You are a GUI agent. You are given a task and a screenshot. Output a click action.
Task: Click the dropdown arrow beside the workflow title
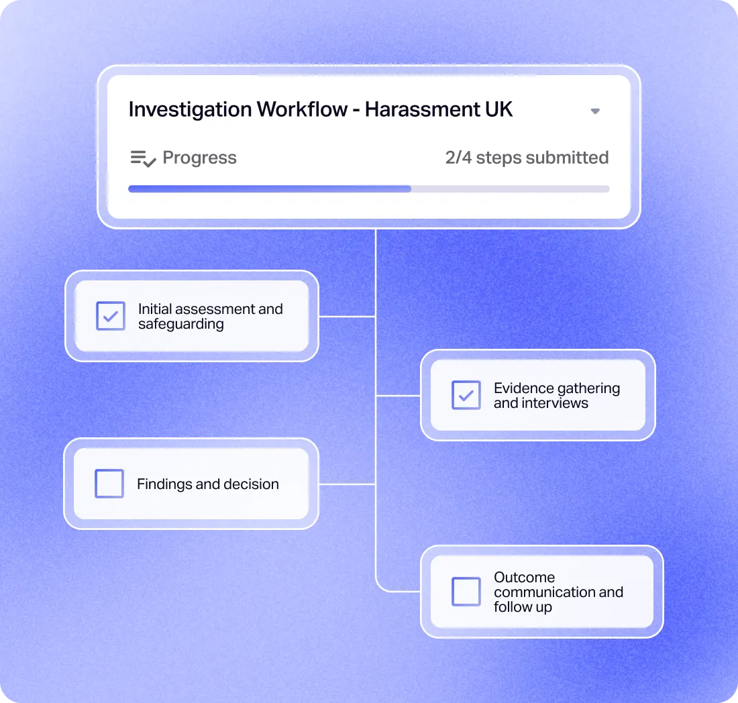(595, 111)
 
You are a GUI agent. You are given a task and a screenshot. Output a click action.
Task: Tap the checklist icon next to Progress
(143, 158)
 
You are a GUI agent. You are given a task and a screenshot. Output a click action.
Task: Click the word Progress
(199, 158)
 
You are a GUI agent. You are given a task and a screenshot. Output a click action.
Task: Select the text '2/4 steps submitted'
(527, 158)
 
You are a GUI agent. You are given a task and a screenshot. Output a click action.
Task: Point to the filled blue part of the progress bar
(269, 189)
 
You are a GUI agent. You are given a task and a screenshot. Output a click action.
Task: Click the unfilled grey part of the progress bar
(510, 189)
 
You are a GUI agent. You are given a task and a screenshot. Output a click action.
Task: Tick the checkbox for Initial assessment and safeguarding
(111, 316)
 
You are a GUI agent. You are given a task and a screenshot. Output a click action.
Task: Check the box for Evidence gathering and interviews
(466, 395)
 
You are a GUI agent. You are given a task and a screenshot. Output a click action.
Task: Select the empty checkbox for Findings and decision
(109, 484)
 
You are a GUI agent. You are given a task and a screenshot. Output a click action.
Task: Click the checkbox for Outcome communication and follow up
(466, 592)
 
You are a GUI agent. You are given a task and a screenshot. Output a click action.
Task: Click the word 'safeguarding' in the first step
(180, 324)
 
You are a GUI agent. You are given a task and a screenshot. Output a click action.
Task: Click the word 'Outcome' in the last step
(524, 577)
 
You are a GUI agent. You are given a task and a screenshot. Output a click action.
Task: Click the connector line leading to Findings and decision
(347, 484)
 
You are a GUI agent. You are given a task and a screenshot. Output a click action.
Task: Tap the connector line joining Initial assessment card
(347, 316)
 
